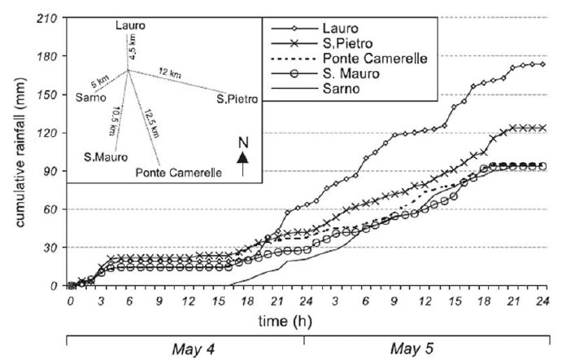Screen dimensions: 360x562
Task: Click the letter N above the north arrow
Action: tap(242, 142)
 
